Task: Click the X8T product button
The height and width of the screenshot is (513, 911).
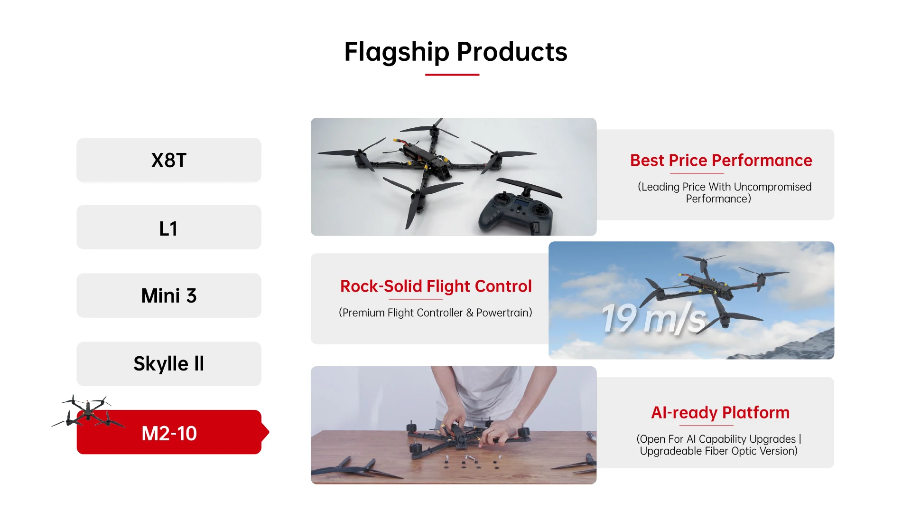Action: [169, 160]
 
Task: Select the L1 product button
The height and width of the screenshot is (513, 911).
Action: [169, 228]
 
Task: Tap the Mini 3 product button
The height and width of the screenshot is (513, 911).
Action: [169, 295]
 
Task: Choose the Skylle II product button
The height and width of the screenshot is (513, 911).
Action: [169, 364]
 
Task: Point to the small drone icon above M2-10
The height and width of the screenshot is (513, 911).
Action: [88, 411]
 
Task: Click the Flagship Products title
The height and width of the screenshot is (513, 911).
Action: [455, 51]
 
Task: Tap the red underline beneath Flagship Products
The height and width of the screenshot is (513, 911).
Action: [452, 75]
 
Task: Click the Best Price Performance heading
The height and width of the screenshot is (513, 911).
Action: [721, 161]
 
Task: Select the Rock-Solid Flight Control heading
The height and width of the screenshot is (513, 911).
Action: [436, 286]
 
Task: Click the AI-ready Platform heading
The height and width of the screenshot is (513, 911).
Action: [720, 412]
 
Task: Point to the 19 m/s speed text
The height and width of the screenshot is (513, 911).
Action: [654, 318]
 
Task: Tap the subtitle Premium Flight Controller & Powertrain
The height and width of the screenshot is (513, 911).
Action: [436, 313]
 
